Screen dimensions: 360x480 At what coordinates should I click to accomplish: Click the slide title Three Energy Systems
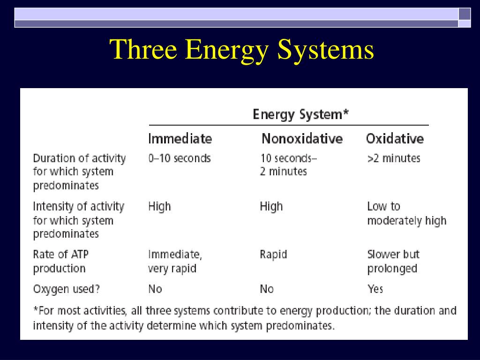coord(242,50)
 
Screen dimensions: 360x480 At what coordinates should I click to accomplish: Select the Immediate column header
coord(180,139)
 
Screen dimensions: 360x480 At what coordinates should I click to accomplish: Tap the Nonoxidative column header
coord(302,139)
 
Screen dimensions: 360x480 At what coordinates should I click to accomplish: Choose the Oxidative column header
coord(395,139)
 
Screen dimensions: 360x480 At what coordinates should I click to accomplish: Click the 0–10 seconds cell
coord(180,158)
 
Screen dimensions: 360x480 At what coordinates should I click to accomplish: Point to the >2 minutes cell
coord(394,158)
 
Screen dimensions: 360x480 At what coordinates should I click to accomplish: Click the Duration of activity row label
coord(79,172)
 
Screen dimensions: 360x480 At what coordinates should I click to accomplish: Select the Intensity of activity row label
coord(78,220)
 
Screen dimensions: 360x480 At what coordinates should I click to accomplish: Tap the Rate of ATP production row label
coord(60,262)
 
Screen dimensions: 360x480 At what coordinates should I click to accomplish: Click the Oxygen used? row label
coord(66,289)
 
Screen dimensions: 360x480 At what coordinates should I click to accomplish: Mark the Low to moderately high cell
coord(406,214)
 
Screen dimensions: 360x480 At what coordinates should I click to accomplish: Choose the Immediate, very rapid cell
coord(175,262)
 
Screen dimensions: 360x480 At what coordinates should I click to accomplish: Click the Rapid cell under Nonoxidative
coord(273,255)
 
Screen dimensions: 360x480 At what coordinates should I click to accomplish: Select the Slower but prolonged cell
coord(393,262)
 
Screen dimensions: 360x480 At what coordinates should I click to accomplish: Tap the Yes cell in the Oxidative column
coord(375,289)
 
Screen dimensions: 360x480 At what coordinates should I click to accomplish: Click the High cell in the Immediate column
coord(159,207)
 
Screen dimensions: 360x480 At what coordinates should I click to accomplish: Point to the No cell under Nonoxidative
coord(267,289)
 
